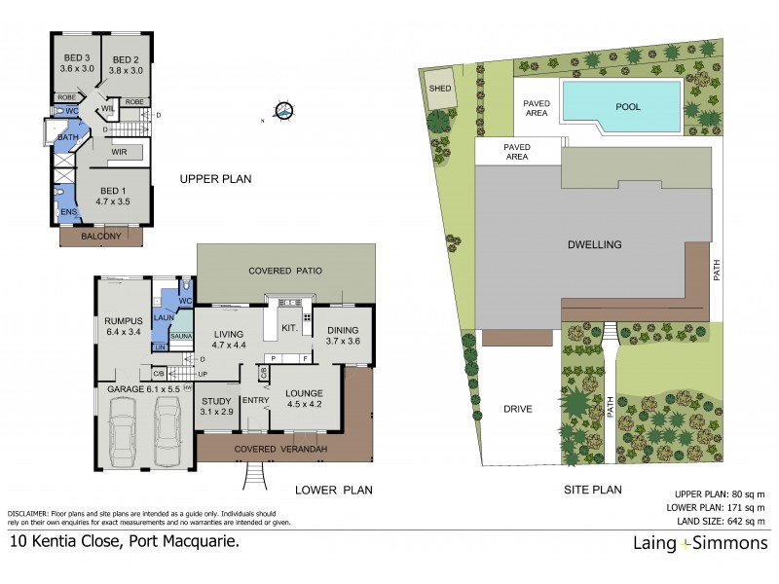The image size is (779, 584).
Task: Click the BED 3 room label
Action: pyautogui.click(x=77, y=56)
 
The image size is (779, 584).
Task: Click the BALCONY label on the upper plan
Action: pyautogui.click(x=101, y=237)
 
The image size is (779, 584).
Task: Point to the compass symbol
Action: pyautogui.click(x=282, y=113)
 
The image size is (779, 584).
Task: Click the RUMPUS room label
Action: pyautogui.click(x=124, y=321)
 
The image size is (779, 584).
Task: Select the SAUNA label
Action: pyautogui.click(x=181, y=335)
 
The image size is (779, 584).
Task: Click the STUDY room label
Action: pyautogui.click(x=215, y=400)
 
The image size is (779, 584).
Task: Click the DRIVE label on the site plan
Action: pyautogui.click(x=517, y=409)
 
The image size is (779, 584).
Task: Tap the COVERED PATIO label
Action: pyautogui.click(x=284, y=271)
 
